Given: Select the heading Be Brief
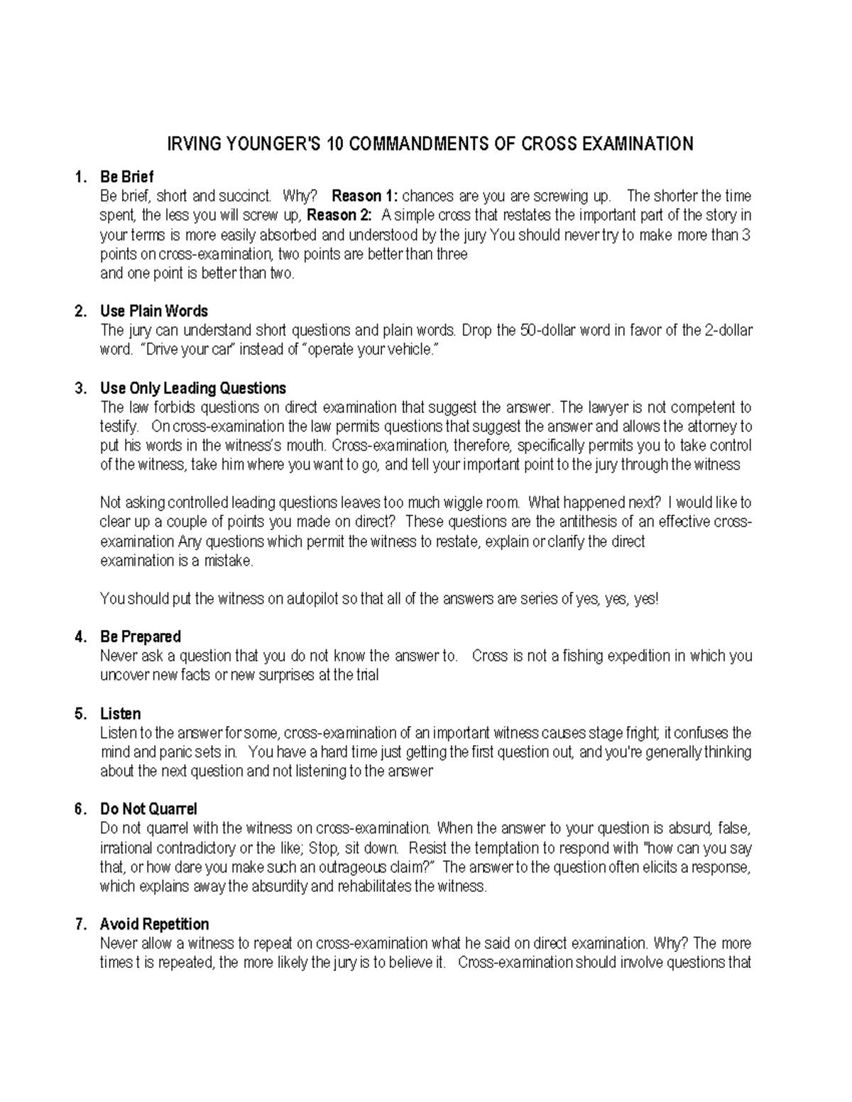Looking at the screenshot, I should coord(126,177).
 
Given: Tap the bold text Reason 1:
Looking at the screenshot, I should coord(365,196).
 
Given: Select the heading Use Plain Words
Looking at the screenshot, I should coord(153,312).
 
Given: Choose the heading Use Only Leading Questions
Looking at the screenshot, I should coord(192,388).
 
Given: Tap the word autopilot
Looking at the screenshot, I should coord(312,599).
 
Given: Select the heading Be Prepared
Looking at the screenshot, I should coord(140,637).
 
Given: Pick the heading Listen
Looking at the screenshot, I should coord(120,714).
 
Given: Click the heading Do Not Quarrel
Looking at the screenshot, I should coord(148,810).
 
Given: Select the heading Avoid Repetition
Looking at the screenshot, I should coord(154,925).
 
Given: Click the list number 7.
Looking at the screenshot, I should coord(80,925).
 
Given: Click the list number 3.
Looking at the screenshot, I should coord(80,388).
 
